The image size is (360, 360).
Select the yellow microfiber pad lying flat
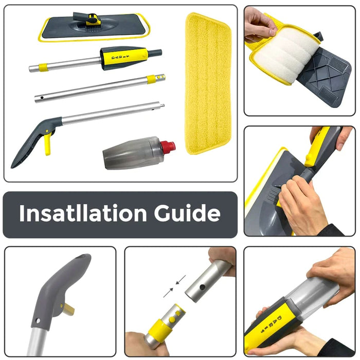coord(208,82)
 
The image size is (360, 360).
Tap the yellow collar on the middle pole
coord(152,79)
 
